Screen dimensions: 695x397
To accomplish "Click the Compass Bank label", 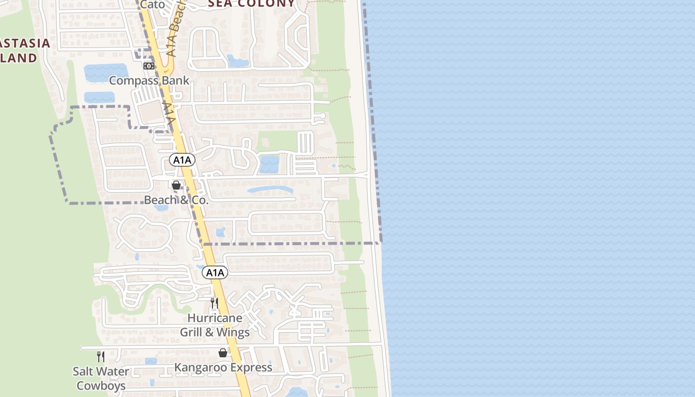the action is tap(149, 80).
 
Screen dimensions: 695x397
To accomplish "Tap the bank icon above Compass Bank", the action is tap(148, 66).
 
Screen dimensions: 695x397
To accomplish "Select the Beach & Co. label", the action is tap(176, 200).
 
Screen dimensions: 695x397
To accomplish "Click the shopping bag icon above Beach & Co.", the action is tap(176, 185).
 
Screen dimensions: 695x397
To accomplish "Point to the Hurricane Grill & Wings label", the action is tap(214, 325).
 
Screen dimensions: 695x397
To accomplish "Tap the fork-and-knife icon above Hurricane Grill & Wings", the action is tap(214, 303).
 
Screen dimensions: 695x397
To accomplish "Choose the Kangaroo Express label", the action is tap(223, 368).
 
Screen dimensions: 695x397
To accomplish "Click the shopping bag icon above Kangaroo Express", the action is tap(223, 353).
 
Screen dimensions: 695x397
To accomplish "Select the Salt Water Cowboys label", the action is tap(101, 378).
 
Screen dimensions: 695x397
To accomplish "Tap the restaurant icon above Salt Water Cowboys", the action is tap(101, 356).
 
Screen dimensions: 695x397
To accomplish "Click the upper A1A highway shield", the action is tap(182, 160).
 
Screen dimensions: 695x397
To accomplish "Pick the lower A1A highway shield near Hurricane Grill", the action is tap(215, 272).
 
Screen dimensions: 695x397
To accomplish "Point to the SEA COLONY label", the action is tap(251, 4).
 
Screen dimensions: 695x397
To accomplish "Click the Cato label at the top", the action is tap(152, 4).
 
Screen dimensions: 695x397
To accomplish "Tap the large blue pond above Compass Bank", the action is tap(106, 72).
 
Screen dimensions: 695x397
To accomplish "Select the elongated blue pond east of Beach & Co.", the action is tap(270, 190).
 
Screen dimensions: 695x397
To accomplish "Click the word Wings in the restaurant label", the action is tap(233, 332).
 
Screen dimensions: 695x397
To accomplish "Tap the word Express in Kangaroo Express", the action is tap(249, 368).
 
